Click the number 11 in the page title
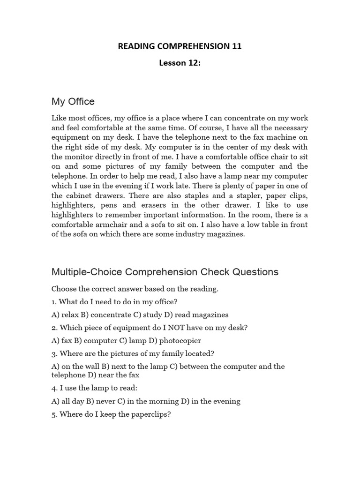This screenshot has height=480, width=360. click(x=237, y=46)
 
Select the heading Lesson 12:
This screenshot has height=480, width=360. click(x=180, y=63)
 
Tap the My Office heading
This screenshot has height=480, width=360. click(x=73, y=101)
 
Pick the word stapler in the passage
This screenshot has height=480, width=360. click(x=233, y=195)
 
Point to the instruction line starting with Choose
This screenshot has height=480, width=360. click(x=135, y=289)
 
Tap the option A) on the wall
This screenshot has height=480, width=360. click(x=74, y=367)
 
